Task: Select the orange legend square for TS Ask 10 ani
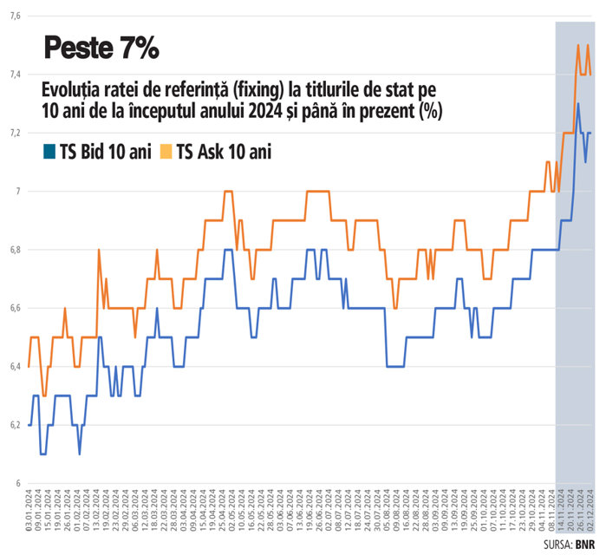(166, 153)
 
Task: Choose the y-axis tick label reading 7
(16, 191)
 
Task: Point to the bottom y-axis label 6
(16, 483)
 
